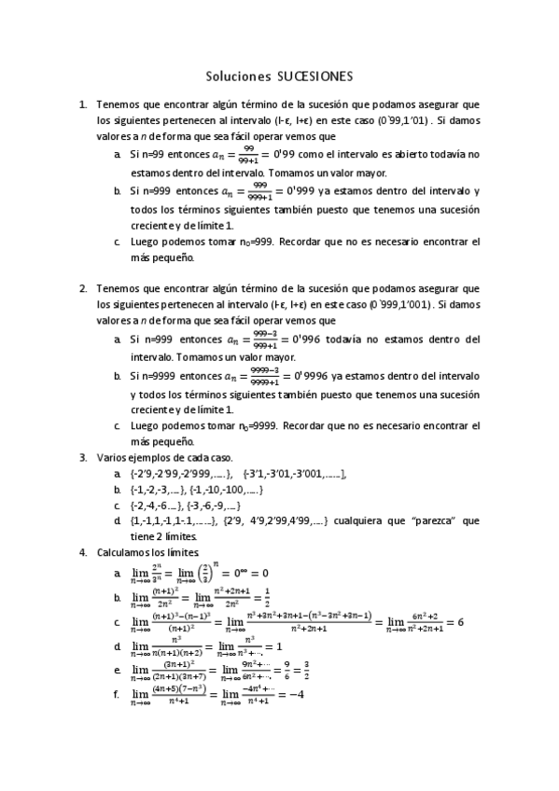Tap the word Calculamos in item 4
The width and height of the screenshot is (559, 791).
[x=125, y=553]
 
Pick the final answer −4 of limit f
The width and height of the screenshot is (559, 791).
[x=298, y=694]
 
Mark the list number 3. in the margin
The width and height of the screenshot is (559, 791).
[x=83, y=458]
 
